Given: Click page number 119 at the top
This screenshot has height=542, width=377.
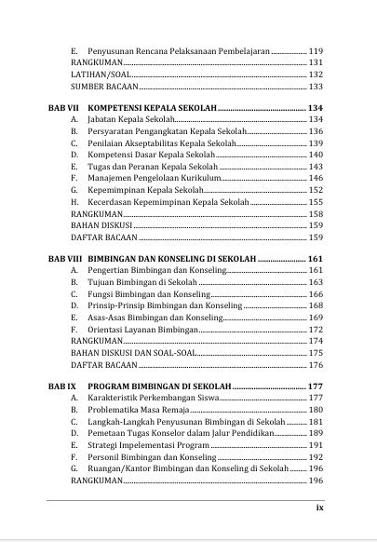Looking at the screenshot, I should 315,49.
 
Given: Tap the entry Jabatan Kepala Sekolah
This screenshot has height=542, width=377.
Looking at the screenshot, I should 130,121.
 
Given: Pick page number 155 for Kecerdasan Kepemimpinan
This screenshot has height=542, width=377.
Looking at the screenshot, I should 315,201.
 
